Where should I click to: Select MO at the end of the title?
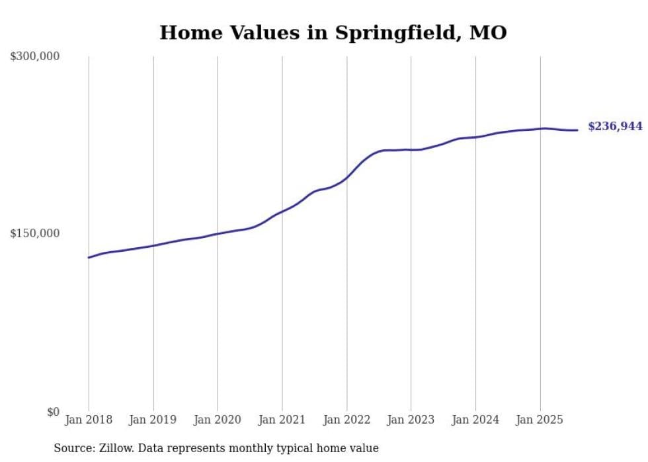coord(488,33)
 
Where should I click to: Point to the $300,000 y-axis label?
coord(35,56)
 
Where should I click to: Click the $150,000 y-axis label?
coord(35,233)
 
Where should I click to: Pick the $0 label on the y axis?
coord(53,412)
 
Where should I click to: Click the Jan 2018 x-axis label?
coord(89,420)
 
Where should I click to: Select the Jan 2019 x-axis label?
coord(153,420)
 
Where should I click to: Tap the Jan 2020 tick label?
coord(218,420)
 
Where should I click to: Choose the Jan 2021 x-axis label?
coord(282,420)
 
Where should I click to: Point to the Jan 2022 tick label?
coord(346,420)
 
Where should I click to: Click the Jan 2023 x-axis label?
coord(411,420)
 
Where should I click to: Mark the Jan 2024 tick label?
coord(475,420)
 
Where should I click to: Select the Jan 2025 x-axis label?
coord(540,420)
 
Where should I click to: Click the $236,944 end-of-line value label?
coord(615,126)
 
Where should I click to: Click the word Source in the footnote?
coord(71,448)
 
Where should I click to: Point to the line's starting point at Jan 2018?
coord(89,257)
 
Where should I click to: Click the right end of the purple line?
coord(577,130)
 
